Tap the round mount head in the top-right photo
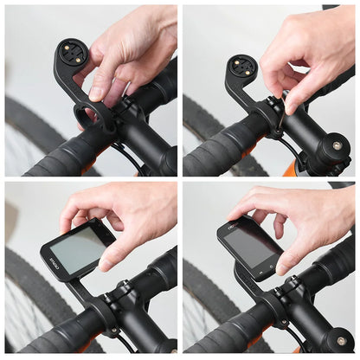[243, 69]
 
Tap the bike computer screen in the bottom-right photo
[251, 246]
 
